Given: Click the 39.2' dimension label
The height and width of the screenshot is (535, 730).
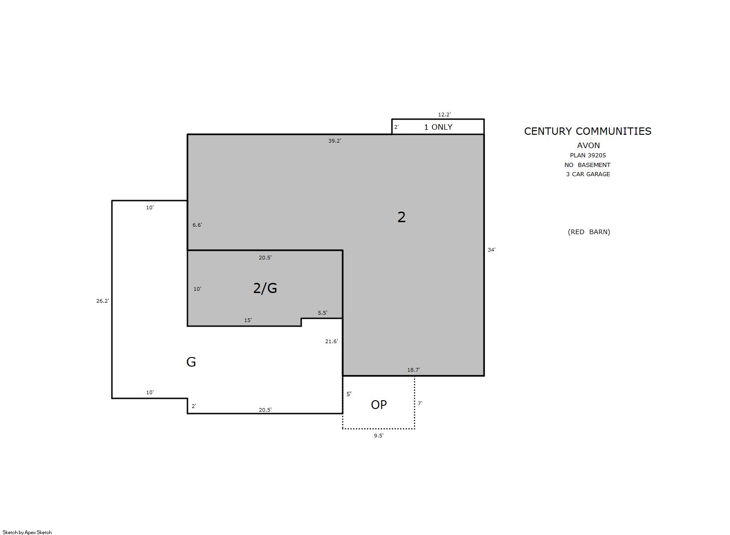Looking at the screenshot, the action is click(x=334, y=141).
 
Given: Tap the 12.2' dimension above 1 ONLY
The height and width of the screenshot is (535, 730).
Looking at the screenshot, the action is click(x=444, y=115).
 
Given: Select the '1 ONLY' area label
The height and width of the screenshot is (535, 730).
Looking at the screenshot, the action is click(x=438, y=127).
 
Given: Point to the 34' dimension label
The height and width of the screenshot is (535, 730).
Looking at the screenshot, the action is click(x=491, y=250).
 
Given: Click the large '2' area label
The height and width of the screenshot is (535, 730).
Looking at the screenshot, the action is click(x=402, y=217).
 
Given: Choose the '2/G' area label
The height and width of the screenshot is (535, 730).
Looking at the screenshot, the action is click(x=265, y=288).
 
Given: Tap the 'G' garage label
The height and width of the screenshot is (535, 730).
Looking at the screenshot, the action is click(x=191, y=362).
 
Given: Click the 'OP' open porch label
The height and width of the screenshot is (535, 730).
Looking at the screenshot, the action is click(x=379, y=404).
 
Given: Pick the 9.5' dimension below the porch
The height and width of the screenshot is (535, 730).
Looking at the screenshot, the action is click(x=379, y=436).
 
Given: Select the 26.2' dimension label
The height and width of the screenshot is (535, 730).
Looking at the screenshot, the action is click(x=103, y=301).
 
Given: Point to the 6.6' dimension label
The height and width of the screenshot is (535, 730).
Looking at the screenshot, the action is click(x=197, y=225).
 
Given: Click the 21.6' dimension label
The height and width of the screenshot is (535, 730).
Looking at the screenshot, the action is click(x=332, y=341).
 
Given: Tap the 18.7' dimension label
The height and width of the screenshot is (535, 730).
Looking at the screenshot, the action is click(x=414, y=370).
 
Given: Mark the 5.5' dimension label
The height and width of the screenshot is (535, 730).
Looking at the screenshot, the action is click(x=323, y=313).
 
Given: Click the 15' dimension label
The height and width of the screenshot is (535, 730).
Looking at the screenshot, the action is click(x=248, y=320).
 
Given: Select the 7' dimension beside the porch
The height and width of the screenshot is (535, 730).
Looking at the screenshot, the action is click(x=420, y=403).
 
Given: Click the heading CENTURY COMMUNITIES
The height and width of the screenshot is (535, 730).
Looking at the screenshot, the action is click(x=588, y=131).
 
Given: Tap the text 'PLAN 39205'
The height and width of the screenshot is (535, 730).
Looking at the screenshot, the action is click(x=588, y=155).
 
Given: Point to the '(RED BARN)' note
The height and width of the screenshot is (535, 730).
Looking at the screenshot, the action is click(x=589, y=232).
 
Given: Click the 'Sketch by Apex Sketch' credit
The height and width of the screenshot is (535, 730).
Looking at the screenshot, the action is click(x=27, y=532).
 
